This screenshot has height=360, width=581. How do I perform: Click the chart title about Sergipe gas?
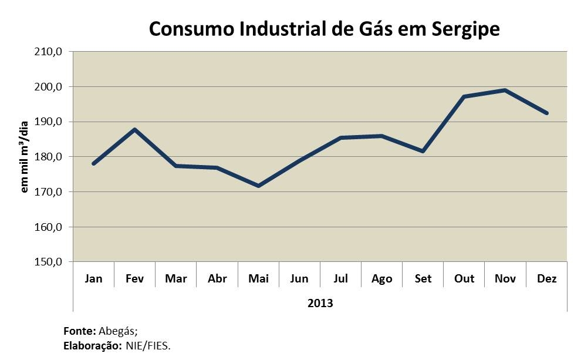[x=324, y=29]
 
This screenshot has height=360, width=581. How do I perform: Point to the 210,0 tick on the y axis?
[x=49, y=52]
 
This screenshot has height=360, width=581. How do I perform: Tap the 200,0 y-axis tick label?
[x=49, y=87]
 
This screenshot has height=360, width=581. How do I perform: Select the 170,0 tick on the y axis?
[x=49, y=192]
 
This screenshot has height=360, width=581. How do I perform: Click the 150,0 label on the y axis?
[x=49, y=262]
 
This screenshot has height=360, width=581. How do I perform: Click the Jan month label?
[x=93, y=279]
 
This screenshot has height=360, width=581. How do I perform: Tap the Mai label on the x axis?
[x=258, y=279]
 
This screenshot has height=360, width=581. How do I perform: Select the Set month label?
[x=423, y=279]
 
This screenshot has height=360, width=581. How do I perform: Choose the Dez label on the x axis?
[x=547, y=279]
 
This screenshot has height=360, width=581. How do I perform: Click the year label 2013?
[x=320, y=304]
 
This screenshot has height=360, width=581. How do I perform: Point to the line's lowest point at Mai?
[x=258, y=186]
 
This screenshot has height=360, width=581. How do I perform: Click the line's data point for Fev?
[x=135, y=129]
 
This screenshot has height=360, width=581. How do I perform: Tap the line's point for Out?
[x=464, y=97]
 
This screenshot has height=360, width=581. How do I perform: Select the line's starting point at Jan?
[x=94, y=163]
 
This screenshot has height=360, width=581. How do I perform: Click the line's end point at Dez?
[x=546, y=113]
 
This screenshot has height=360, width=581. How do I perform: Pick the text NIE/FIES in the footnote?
[x=148, y=346]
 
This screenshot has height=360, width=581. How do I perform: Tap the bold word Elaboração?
[x=92, y=346]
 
